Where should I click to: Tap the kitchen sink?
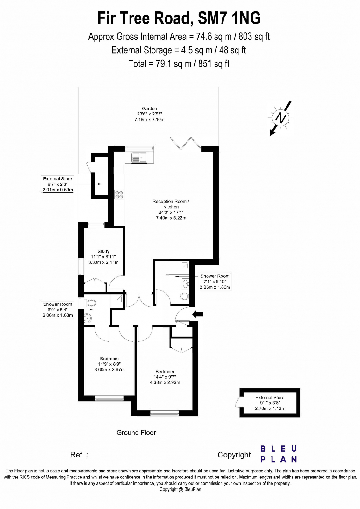tap(139, 157)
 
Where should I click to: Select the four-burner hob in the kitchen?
tap(119, 194)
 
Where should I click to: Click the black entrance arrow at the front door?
tap(197, 314)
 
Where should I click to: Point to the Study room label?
tap(103, 251)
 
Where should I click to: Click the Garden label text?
tap(149, 108)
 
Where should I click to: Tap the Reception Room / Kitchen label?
tap(171, 204)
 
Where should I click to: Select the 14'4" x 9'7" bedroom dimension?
tap(165, 377)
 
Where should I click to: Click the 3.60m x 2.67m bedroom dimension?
tap(109, 369)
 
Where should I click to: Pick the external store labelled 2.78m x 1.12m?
tap(270, 403)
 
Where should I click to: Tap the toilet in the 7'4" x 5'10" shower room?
tap(184, 296)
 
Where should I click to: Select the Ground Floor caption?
tap(136, 433)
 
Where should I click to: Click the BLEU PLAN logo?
tap(279, 454)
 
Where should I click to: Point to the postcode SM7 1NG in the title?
tap(229, 18)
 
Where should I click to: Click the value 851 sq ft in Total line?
tap(214, 64)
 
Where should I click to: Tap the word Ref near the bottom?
tap(76, 455)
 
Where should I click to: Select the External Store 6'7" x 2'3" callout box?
tap(58, 184)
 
